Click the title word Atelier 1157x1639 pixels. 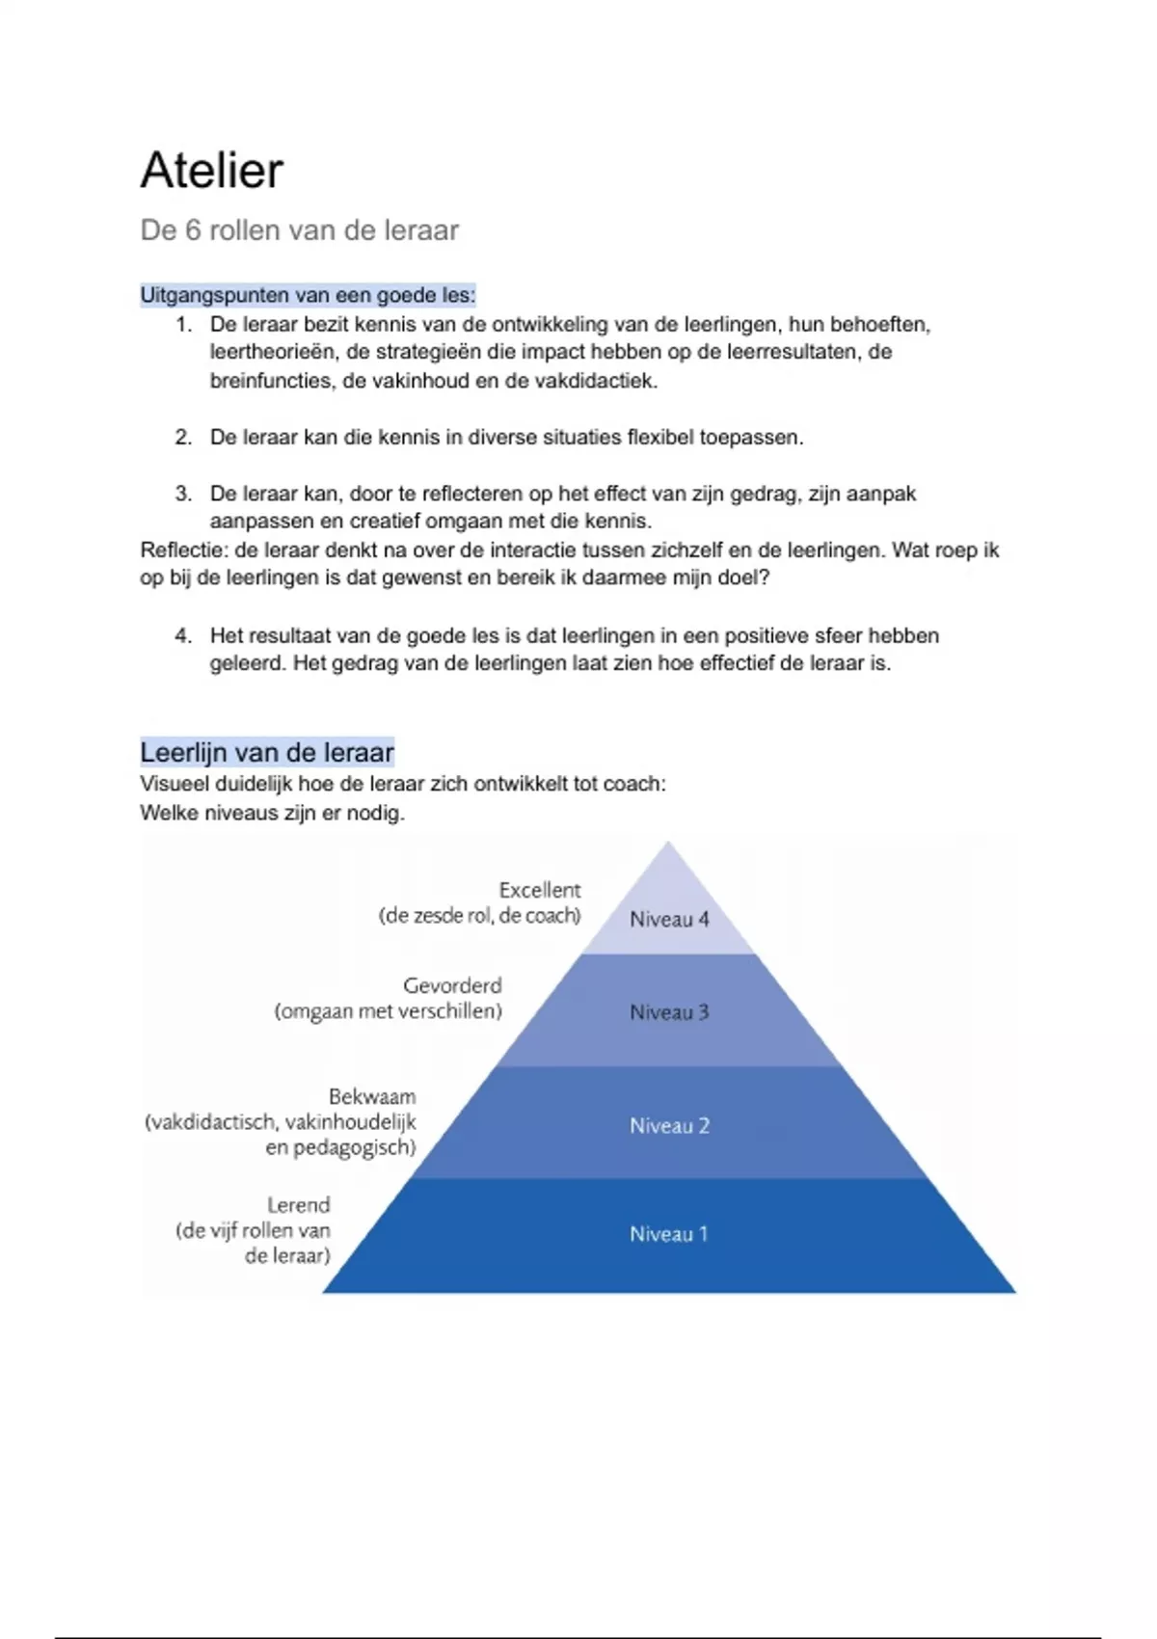[212, 171]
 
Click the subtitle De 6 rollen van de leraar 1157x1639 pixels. [299, 230]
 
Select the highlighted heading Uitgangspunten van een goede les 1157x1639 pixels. [308, 295]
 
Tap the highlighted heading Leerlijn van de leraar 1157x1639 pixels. [267, 752]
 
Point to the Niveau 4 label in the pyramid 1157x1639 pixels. [669, 919]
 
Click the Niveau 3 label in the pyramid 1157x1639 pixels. [669, 1012]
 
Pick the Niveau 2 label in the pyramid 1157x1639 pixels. [669, 1125]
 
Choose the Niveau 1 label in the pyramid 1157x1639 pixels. [669, 1234]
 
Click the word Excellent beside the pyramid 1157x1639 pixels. [540, 890]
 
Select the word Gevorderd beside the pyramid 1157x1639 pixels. [452, 985]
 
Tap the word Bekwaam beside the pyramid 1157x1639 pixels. [372, 1096]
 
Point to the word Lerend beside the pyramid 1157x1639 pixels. [299, 1205]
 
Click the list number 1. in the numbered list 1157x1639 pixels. [183, 325]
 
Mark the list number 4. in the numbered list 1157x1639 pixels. [183, 636]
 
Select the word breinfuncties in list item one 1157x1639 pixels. [272, 381]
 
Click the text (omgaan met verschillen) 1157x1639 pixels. [389, 1011]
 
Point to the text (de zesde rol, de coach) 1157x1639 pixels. [479, 916]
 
